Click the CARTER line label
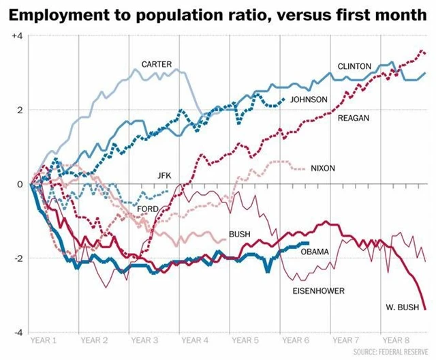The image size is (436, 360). [x=156, y=64]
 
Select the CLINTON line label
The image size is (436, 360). [x=354, y=66]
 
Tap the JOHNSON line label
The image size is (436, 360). [x=309, y=100]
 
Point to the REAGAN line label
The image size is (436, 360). [x=354, y=118]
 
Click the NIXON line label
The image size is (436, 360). [x=322, y=168]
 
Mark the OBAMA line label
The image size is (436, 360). [x=315, y=252]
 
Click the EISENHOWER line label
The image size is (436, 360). [x=318, y=291]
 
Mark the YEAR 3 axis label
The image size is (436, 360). [x=145, y=339]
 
